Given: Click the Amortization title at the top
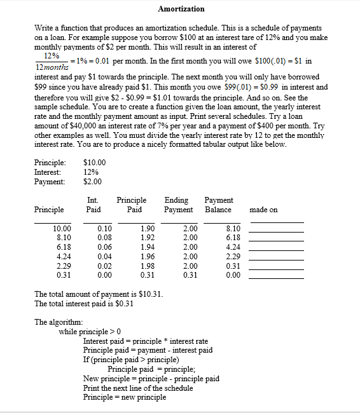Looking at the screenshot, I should (x=181, y=8).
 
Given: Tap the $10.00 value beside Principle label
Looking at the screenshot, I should (x=95, y=162).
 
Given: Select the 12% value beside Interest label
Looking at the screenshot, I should (x=90, y=172).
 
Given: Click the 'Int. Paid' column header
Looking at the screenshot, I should (x=93, y=205).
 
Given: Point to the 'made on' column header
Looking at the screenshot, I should (x=264, y=209).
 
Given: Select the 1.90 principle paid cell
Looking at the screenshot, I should (x=146, y=227).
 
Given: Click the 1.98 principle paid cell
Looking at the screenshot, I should (x=146, y=266).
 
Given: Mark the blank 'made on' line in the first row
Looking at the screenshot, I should (x=276, y=230).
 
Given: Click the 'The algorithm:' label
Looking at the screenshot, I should (x=58, y=322).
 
